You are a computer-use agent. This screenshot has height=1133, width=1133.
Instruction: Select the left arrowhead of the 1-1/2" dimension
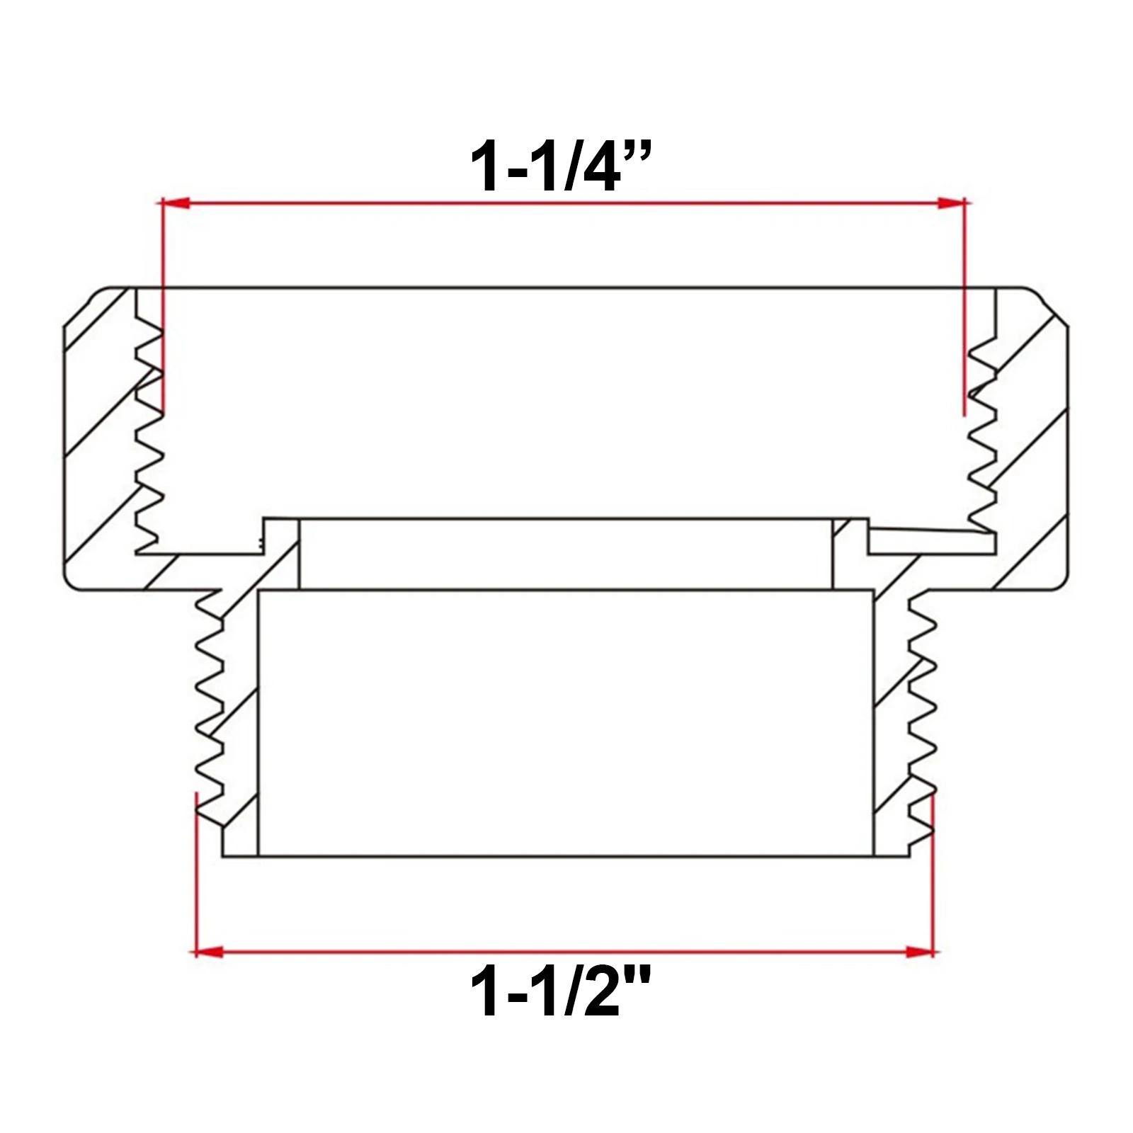point(209,951)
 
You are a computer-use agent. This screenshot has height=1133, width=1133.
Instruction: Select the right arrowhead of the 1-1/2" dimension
point(921,951)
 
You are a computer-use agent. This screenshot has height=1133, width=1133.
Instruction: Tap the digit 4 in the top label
point(599,167)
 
